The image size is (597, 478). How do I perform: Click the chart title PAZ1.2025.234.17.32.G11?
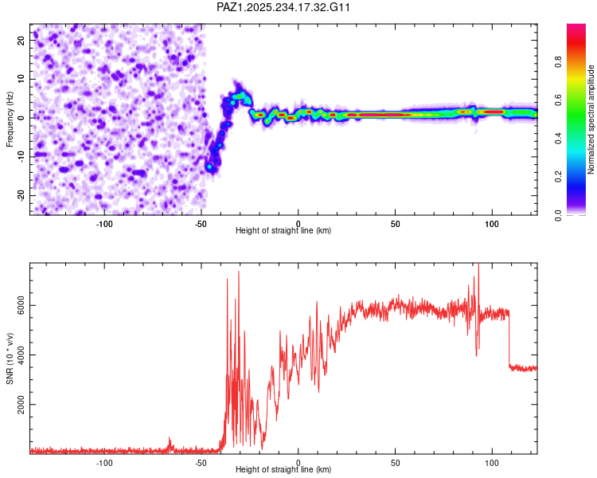click(284, 7)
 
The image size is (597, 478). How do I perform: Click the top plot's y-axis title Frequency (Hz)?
click(10, 119)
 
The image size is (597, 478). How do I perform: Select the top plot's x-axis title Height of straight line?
click(283, 231)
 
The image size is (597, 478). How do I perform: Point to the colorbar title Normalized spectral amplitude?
click(591, 119)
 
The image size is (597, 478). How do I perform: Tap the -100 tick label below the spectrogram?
click(104, 224)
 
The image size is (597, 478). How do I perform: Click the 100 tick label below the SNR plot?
click(492, 463)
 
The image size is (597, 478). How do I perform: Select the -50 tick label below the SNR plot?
click(201, 463)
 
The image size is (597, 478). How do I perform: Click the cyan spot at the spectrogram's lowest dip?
click(209, 167)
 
